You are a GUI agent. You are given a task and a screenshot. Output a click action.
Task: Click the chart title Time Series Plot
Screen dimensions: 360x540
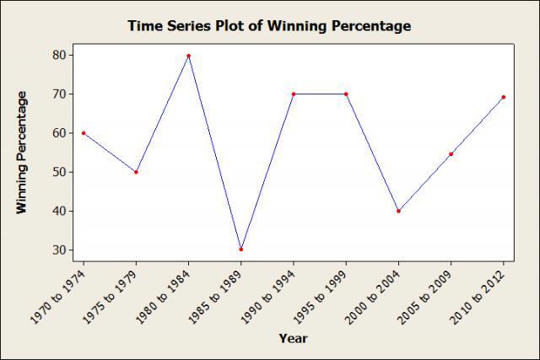click(269, 26)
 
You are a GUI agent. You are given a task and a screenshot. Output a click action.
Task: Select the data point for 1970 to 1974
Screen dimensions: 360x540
click(84, 132)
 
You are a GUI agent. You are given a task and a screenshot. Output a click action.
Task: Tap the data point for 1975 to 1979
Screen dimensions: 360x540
click(136, 172)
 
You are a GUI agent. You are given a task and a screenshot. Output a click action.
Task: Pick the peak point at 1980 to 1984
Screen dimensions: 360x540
click(188, 56)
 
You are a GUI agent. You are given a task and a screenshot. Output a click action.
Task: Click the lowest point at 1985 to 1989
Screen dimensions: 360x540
click(240, 250)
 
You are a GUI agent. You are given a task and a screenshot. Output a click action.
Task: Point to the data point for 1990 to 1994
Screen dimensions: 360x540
click(293, 94)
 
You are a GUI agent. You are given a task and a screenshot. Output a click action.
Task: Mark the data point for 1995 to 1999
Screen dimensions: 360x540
click(346, 94)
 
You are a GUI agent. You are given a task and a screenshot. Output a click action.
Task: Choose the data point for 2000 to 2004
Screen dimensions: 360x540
click(398, 211)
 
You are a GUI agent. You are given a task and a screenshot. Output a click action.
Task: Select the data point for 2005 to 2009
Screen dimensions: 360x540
click(451, 153)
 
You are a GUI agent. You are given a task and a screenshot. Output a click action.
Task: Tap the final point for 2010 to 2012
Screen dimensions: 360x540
click(504, 97)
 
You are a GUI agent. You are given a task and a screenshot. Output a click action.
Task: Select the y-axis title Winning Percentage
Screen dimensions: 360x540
click(23, 153)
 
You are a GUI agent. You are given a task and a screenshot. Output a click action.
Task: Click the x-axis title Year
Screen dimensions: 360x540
click(294, 339)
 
